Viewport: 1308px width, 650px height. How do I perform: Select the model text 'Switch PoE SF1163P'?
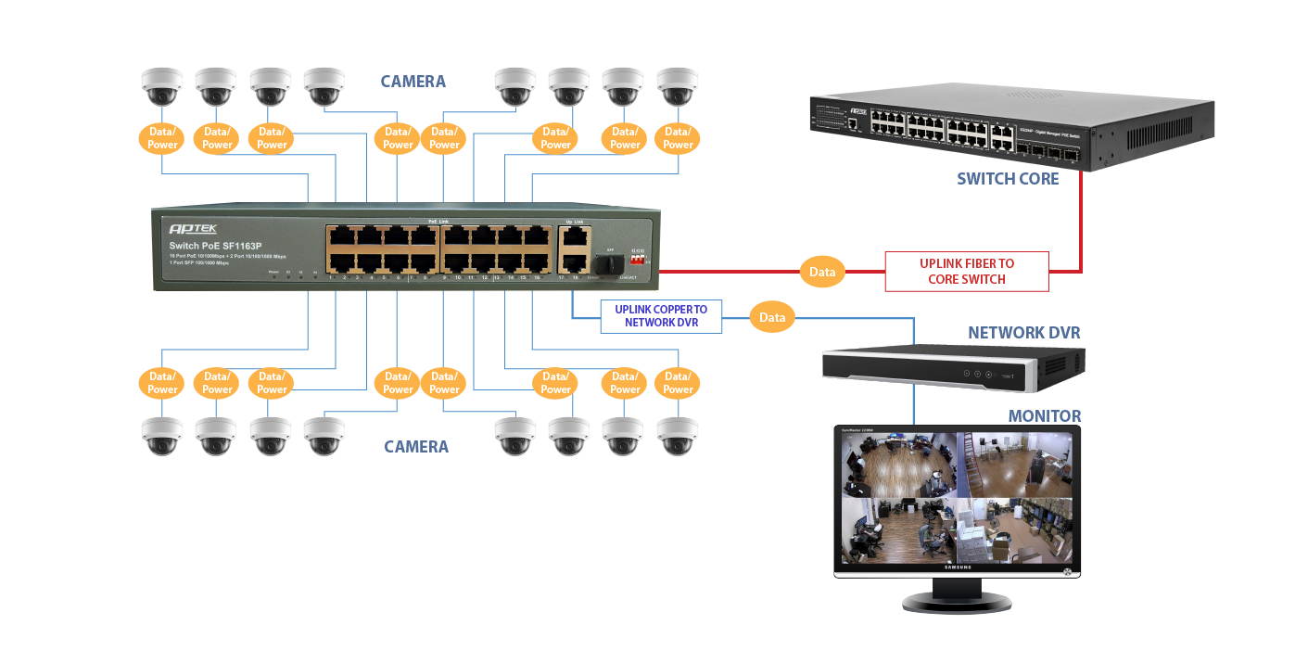[x=214, y=246]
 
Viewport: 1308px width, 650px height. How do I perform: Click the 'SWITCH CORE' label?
[x=1008, y=179]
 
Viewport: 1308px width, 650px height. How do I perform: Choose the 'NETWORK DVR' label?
[x=1023, y=333]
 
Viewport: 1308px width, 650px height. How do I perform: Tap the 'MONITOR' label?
[x=1045, y=416]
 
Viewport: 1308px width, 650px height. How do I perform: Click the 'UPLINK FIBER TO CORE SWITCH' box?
[x=967, y=272]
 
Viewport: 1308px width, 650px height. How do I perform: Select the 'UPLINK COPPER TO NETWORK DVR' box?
[x=661, y=316]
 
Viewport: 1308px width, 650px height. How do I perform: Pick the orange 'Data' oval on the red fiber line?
[x=822, y=272]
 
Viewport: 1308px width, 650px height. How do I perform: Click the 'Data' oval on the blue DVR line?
[x=772, y=317]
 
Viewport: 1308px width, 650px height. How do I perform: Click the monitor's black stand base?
[x=958, y=604]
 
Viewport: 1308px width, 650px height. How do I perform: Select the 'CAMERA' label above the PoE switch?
[x=413, y=82]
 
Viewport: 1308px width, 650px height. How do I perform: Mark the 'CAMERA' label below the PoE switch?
[x=416, y=447]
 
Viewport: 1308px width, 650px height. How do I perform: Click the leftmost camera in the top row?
[x=162, y=86]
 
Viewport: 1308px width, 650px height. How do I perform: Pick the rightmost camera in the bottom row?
[x=677, y=435]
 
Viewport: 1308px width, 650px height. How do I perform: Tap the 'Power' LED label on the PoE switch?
[x=273, y=272]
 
